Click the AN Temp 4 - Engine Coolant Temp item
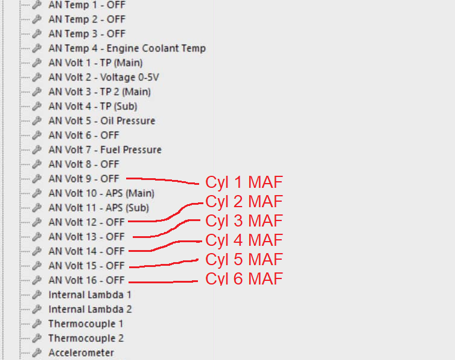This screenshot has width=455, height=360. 127,48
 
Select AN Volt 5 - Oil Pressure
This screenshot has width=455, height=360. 101,121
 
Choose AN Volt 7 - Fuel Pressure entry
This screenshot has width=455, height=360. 104,150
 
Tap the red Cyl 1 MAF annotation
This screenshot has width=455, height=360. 244,182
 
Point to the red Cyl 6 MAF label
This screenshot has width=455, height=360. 244,279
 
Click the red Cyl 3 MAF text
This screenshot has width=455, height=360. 244,221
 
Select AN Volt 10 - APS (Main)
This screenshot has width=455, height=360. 101,193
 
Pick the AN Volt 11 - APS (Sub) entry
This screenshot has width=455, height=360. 98,208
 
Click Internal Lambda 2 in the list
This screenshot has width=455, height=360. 90,309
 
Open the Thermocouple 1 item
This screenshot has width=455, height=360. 86,324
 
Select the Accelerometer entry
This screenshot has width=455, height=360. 81,353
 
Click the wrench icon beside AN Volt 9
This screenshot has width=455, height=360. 37,179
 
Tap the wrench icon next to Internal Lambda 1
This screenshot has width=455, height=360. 37,295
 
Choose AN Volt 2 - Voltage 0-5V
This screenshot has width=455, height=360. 104,77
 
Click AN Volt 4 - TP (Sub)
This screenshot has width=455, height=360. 92,106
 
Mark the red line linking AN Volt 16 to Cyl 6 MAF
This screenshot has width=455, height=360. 163,281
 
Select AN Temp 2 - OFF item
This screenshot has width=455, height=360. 87,19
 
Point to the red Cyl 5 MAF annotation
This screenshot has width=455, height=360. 244,260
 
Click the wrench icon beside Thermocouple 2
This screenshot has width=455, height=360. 37,338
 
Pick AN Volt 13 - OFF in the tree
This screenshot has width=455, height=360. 86,237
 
